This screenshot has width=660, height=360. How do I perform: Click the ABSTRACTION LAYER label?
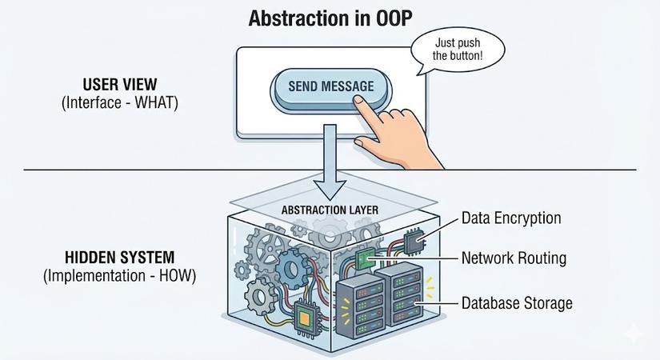[330, 210]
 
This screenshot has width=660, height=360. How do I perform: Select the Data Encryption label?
[512, 218]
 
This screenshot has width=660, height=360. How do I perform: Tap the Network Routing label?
[514, 258]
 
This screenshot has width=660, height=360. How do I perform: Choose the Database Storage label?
[517, 303]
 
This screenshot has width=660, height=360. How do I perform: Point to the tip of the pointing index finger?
[358, 102]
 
